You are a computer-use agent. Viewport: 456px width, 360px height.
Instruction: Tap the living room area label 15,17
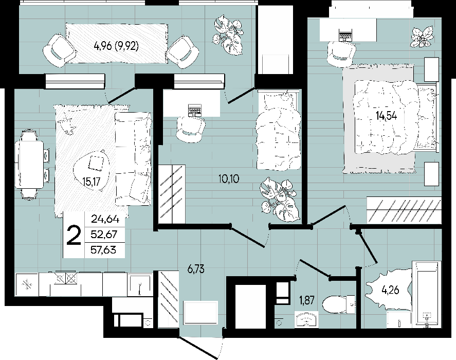tap(91, 182)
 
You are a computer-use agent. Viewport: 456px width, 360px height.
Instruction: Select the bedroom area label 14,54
tap(386, 116)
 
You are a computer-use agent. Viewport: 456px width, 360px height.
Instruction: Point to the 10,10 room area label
tap(229, 178)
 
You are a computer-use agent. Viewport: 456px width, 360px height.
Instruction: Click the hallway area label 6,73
tap(196, 269)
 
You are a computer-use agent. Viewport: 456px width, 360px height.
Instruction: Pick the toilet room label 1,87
tap(306, 300)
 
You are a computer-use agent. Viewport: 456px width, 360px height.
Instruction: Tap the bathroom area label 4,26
tap(390, 290)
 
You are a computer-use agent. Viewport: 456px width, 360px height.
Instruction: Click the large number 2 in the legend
tap(74, 236)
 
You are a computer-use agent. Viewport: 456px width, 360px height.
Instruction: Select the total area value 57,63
tap(103, 250)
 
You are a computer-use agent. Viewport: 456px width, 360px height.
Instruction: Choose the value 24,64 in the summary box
tap(105, 219)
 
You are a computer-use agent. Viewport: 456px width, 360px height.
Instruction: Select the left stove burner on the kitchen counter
tap(60, 278)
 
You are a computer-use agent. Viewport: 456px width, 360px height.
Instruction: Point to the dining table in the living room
tap(31, 165)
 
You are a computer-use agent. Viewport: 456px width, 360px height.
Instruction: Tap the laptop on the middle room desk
tap(194, 111)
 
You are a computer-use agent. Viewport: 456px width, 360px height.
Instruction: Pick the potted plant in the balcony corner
tap(228, 34)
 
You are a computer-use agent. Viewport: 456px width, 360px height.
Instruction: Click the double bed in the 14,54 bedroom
tap(395, 117)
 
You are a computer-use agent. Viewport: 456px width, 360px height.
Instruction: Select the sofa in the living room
tap(133, 159)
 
